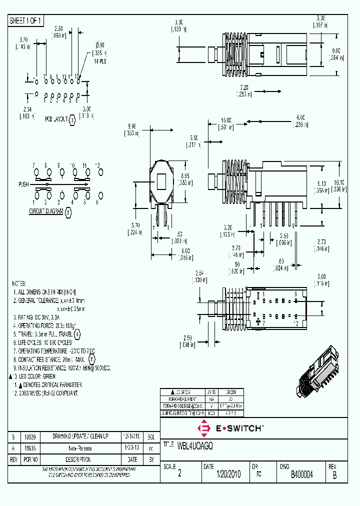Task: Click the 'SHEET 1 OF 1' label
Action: pos(26,20)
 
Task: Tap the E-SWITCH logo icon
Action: pos(203,428)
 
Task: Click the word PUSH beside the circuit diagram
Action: pos(23,184)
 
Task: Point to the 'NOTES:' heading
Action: pos(19,283)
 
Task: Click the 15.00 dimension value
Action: pos(226,120)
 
